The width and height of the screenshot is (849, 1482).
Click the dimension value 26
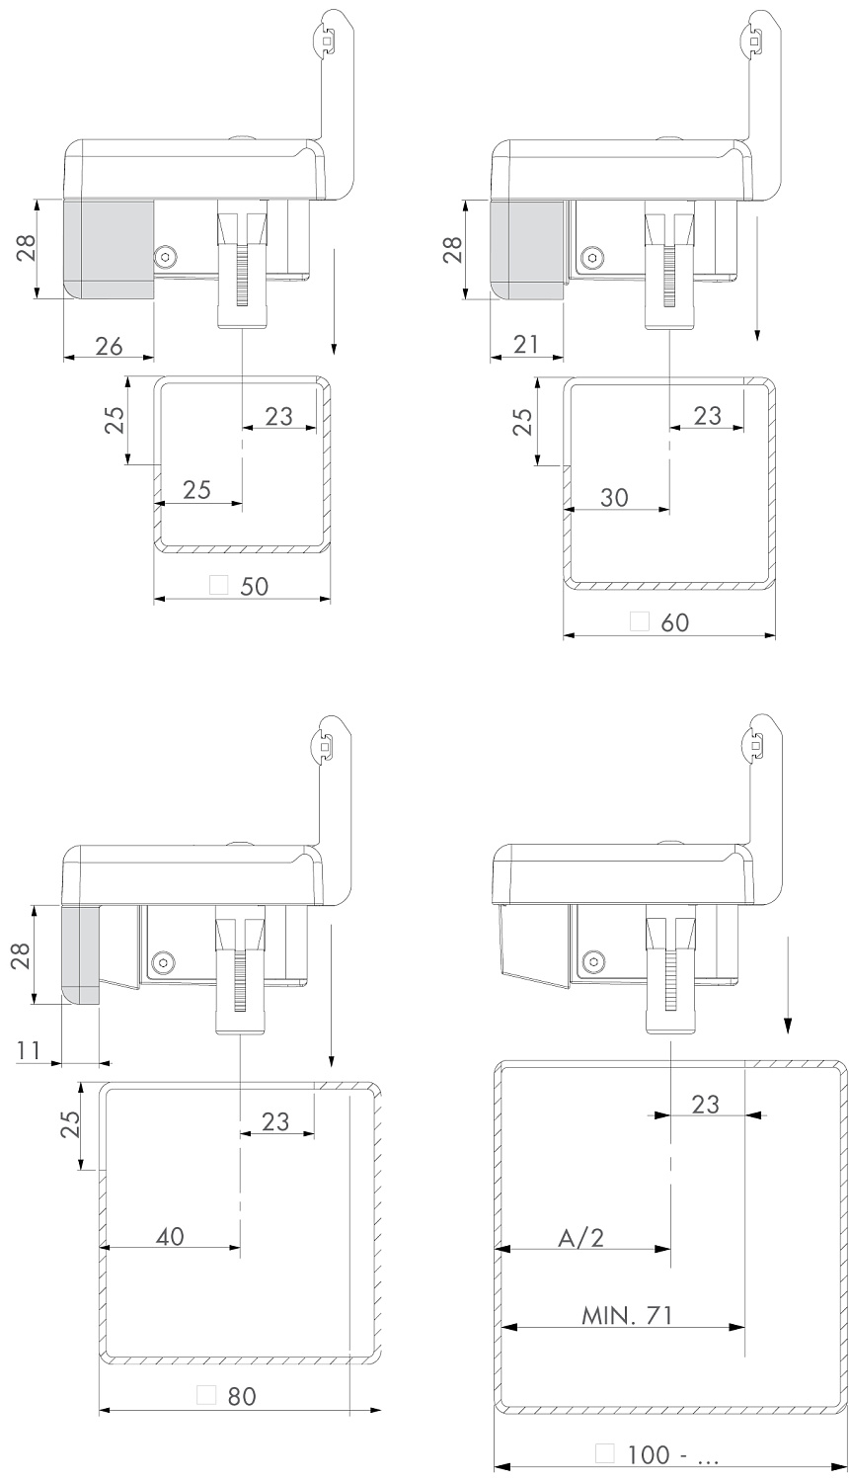(x=109, y=345)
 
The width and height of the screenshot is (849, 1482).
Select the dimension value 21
(x=526, y=345)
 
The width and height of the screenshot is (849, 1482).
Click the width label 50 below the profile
(x=255, y=586)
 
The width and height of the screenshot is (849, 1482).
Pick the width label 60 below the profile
(x=674, y=622)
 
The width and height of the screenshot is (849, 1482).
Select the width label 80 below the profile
(x=242, y=1396)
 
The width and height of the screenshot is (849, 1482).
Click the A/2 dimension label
(x=580, y=1238)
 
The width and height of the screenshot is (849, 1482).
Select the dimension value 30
(x=614, y=498)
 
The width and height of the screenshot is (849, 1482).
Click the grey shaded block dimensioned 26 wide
(x=110, y=247)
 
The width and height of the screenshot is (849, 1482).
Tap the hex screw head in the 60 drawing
(x=590, y=256)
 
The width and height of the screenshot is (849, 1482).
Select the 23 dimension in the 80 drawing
(x=276, y=1120)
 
